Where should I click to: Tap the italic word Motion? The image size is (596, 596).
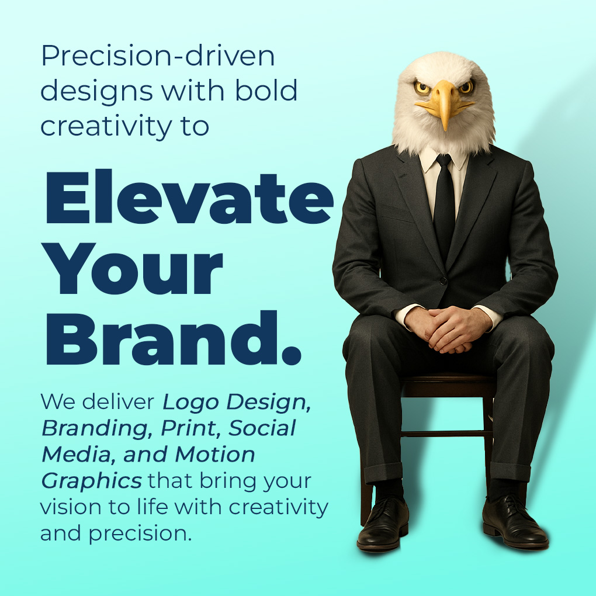215,455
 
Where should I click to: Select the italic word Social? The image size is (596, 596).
262,428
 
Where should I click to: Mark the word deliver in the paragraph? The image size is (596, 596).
119,402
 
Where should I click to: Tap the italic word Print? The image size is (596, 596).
190,428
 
